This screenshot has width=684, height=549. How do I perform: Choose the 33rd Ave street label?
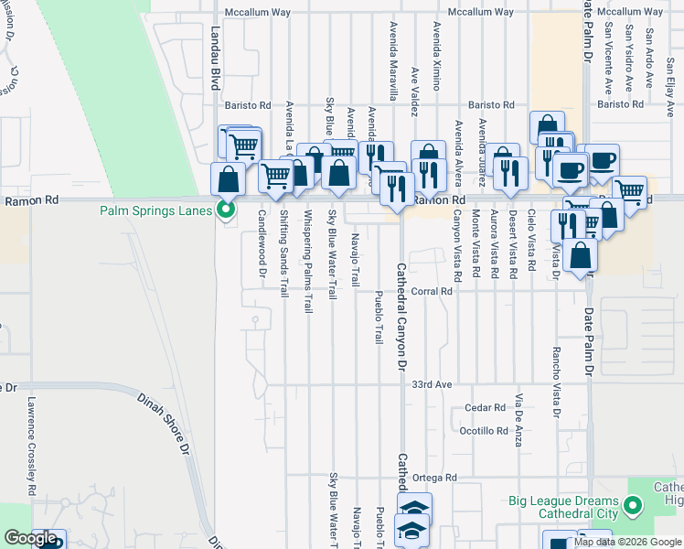click(432, 385)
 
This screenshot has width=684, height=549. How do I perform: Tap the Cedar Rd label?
click(485, 407)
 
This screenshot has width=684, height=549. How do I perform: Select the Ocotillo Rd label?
click(484, 430)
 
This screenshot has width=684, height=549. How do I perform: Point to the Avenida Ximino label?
click(437, 56)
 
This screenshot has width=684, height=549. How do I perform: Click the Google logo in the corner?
click(31, 539)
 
